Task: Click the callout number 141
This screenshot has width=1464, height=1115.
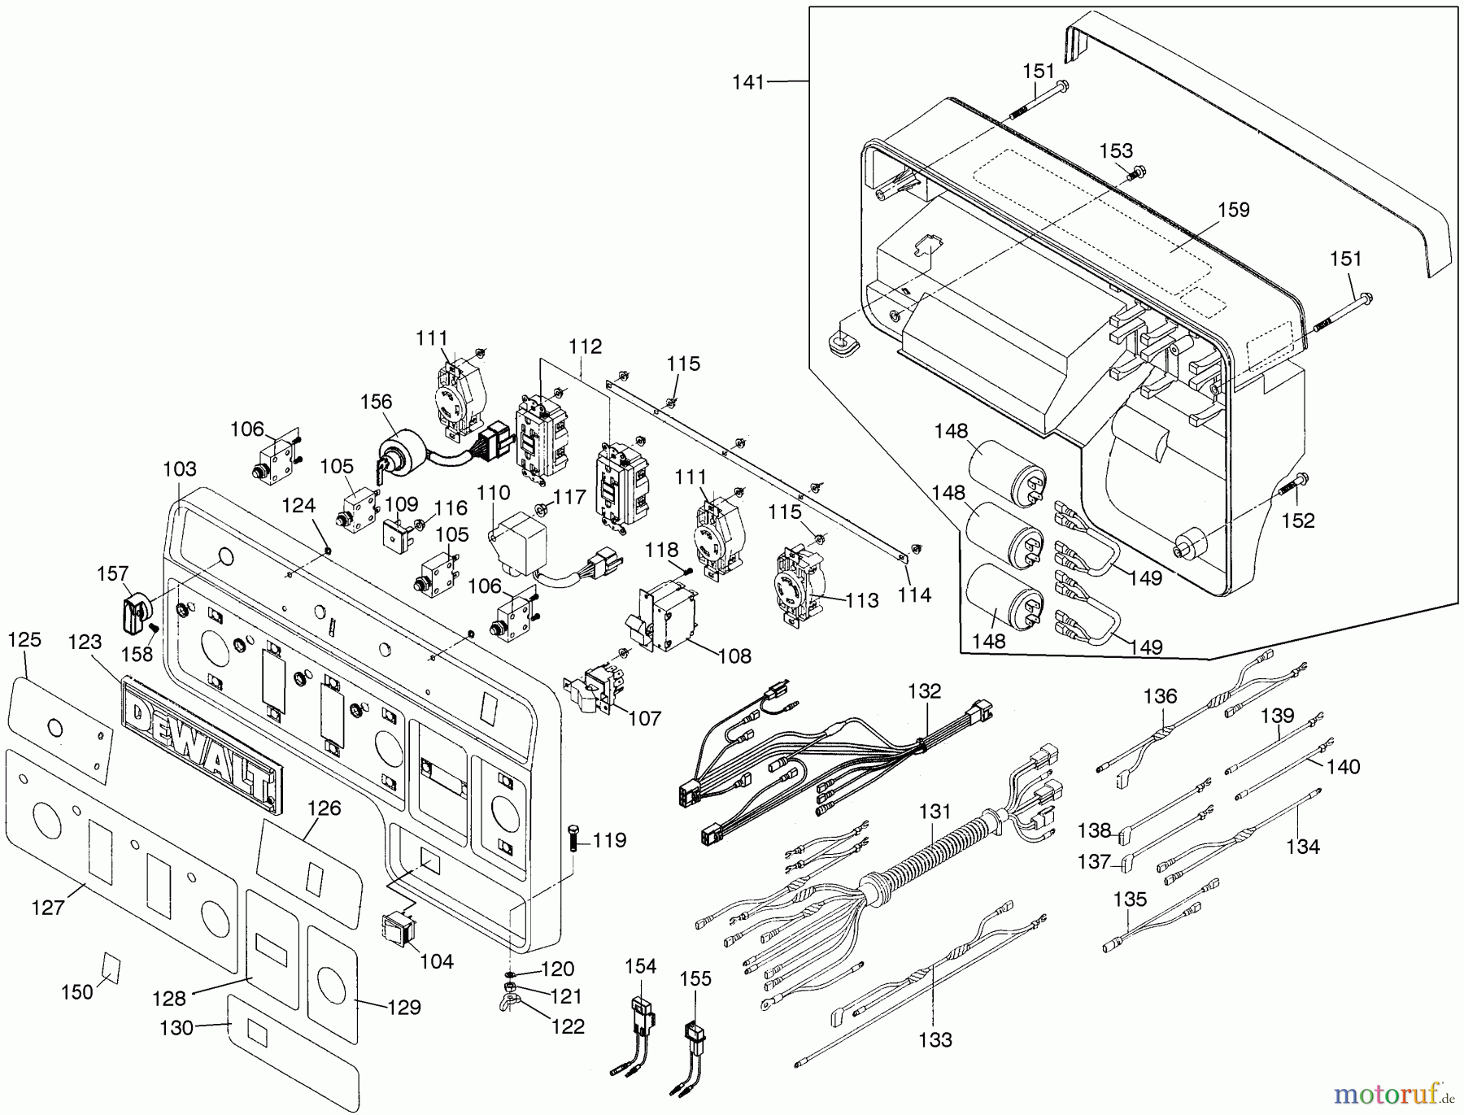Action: coord(748,82)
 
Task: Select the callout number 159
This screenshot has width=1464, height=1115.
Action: coord(1233,210)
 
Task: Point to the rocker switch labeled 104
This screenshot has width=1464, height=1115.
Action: coord(399,930)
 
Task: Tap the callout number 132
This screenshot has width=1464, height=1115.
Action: coord(924,691)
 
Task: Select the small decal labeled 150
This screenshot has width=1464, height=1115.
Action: coord(110,967)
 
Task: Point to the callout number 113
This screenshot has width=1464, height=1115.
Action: coord(862,600)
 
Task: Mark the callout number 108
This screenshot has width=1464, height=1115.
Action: coord(734,655)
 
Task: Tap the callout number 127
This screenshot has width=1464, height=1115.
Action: coord(47,908)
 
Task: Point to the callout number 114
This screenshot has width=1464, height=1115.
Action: coord(914,595)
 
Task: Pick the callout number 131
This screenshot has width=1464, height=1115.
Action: coord(935,812)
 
